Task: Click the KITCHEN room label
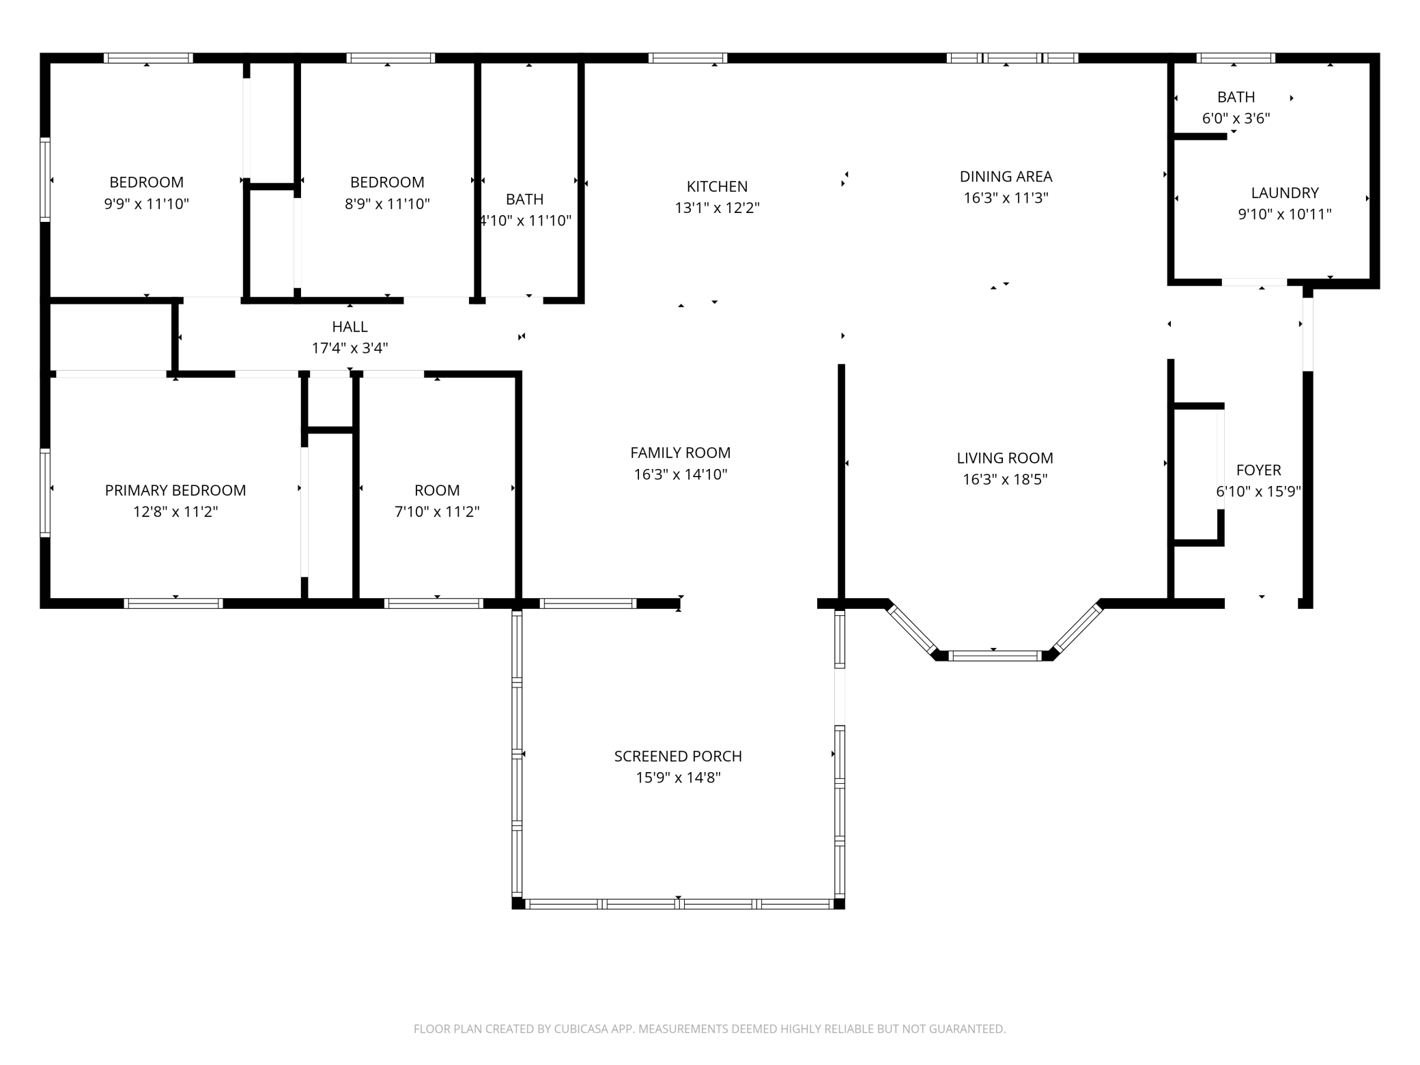(717, 186)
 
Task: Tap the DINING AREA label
(1006, 177)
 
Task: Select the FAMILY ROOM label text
(680, 453)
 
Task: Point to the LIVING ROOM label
(1005, 458)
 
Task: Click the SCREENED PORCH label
(678, 756)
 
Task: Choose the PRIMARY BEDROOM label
(175, 490)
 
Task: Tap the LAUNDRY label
(1285, 193)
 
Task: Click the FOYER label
(1258, 470)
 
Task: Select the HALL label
(350, 327)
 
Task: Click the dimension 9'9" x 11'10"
(146, 203)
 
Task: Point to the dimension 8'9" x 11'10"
(387, 203)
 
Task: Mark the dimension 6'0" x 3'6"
(1236, 118)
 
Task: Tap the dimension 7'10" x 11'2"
(437, 511)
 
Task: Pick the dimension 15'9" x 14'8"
(678, 778)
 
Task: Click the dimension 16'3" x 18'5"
(1005, 479)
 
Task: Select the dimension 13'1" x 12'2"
(717, 208)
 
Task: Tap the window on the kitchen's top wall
(687, 58)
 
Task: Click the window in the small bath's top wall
(1236, 58)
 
